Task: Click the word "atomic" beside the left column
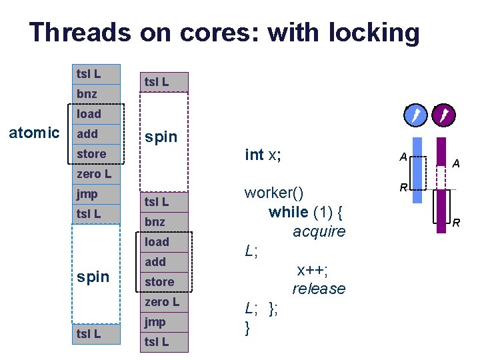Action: pyautogui.click(x=33, y=133)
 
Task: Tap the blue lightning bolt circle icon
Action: pyautogui.click(x=415, y=117)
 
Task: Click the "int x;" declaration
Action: pyautogui.click(x=263, y=155)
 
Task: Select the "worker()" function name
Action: pyautogui.click(x=274, y=193)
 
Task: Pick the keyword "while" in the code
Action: pyautogui.click(x=288, y=212)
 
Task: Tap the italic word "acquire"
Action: pyautogui.click(x=319, y=231)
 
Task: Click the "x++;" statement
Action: pyautogui.click(x=312, y=269)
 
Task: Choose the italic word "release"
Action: pyautogui.click(x=319, y=289)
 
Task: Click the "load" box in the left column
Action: pyautogui.click(x=89, y=114)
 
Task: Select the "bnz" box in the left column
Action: pyautogui.click(x=87, y=94)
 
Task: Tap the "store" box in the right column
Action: pyautogui.click(x=159, y=282)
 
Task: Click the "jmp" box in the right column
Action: pyautogui.click(x=155, y=322)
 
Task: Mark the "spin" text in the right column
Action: pyautogui.click(x=161, y=137)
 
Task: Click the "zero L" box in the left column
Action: pyautogui.click(x=94, y=174)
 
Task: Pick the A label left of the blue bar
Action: pyautogui.click(x=403, y=156)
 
